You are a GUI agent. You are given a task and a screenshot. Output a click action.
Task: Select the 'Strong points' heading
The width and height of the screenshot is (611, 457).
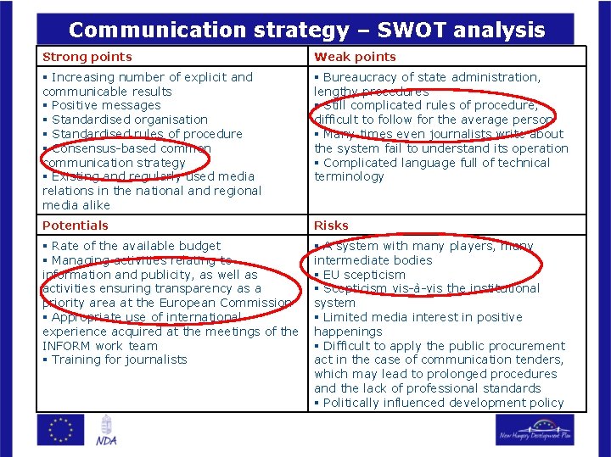tap(87, 57)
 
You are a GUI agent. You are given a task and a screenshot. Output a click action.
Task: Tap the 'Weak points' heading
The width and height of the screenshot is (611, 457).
tap(355, 57)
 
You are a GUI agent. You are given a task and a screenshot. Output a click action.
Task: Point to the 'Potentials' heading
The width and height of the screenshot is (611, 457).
tap(76, 226)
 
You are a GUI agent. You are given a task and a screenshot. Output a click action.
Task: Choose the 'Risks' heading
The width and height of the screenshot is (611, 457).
tap(331, 226)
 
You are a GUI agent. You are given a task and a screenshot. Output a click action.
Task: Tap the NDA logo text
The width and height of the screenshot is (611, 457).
tap(106, 440)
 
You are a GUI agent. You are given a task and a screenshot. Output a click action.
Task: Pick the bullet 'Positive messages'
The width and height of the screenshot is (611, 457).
tap(106, 106)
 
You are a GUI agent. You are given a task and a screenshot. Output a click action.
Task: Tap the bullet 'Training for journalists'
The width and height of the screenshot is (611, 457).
tap(119, 359)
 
